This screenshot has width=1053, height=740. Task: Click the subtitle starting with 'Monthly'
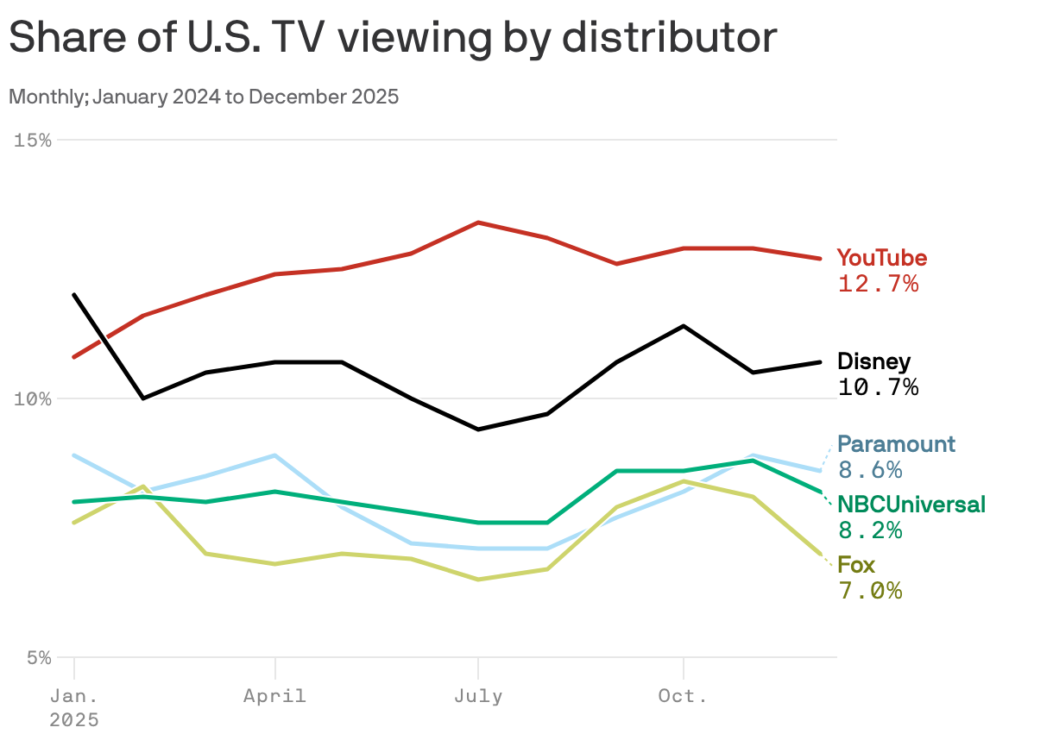pos(204,97)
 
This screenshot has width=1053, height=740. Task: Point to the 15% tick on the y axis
pos(33,140)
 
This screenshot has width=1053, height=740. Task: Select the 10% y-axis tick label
pos(33,398)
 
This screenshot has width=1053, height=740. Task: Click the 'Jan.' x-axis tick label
pos(74,696)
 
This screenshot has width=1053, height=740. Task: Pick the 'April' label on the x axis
pos(274,696)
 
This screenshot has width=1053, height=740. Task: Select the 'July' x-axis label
pos(478,696)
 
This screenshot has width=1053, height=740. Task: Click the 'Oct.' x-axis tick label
pos(683,696)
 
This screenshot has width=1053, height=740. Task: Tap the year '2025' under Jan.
pos(74,720)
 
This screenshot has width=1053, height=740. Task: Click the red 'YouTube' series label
pos(882,258)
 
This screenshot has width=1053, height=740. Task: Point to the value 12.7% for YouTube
pos(878,284)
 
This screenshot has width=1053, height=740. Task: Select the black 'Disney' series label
pos(873,361)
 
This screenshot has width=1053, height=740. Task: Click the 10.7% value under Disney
pos(878,387)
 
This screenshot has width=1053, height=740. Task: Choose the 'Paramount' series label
pos(897,444)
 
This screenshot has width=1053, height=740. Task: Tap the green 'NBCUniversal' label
pos(911,505)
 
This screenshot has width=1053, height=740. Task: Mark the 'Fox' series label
pos(856,565)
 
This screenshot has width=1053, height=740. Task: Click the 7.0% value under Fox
pos(870,591)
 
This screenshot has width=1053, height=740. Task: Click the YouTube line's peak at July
pos(478,223)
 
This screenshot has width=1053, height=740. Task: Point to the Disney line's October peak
pos(684,326)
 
